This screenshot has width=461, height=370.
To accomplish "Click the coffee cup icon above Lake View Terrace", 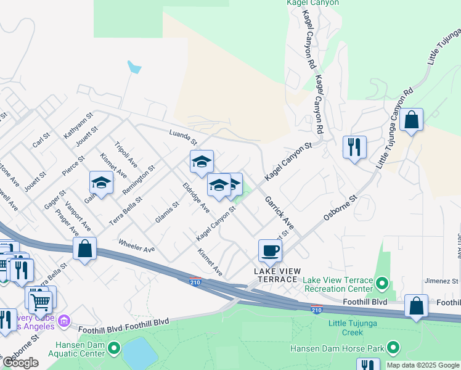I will click(x=270, y=251).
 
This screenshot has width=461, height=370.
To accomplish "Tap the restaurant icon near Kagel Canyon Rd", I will click(x=354, y=147).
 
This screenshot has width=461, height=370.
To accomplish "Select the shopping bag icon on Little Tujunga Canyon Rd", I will click(x=411, y=120).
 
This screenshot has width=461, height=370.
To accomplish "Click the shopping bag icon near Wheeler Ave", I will click(x=85, y=249).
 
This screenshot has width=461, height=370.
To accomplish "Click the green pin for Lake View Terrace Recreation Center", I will click(x=381, y=284).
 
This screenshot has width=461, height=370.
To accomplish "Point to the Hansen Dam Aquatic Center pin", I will click(x=113, y=349).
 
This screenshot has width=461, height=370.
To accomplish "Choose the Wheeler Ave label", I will click(x=136, y=245).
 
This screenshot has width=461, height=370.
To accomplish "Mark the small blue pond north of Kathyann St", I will click(x=133, y=67).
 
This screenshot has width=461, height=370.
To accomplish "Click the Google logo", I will click(x=20, y=363).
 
